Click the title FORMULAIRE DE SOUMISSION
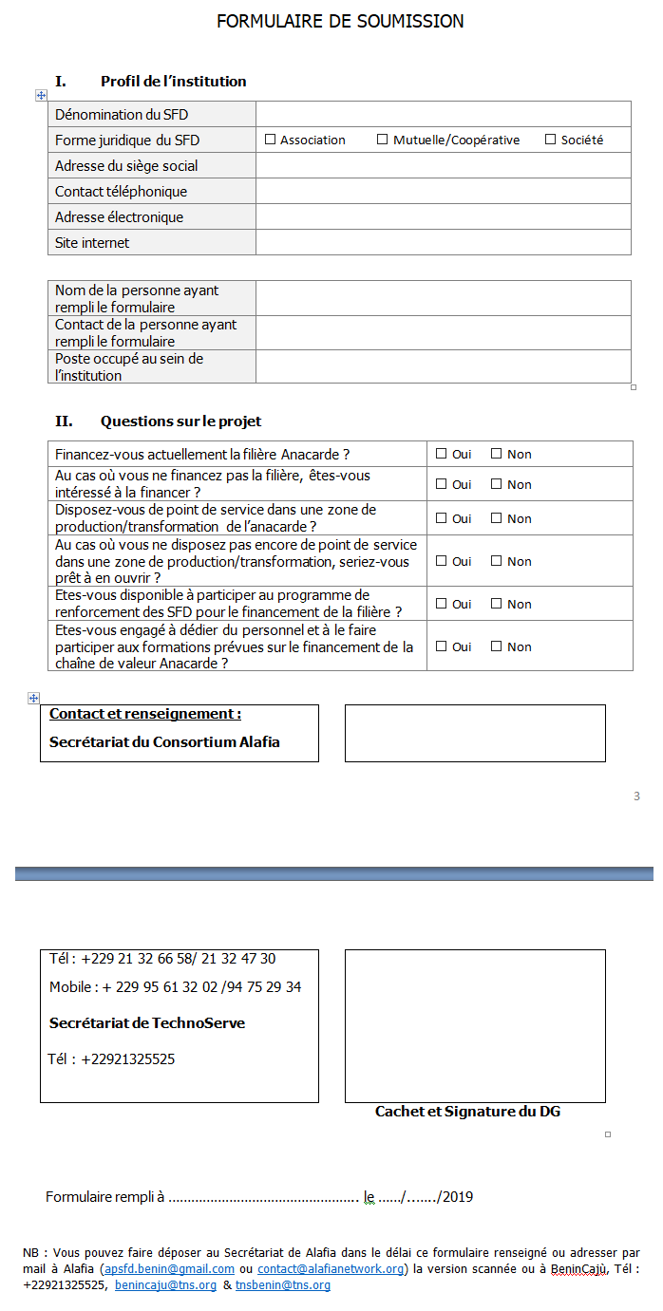[340, 21]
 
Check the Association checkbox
[271, 140]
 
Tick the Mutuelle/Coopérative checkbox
[383, 140]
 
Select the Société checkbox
[550, 140]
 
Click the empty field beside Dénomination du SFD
[443, 114]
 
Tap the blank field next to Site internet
[443, 242]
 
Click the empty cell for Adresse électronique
[443, 216]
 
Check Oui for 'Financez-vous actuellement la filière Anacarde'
[441, 454]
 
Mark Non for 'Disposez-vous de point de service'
[496, 518]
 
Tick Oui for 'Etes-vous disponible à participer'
[441, 604]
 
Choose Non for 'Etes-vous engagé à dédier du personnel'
[496, 646]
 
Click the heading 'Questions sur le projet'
[180, 421]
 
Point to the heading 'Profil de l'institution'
[173, 82]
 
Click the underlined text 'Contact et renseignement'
[144, 714]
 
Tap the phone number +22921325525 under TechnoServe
[128, 1059]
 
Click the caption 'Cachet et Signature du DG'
[467, 1111]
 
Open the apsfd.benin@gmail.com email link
[169, 1269]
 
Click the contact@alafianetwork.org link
[331, 1269]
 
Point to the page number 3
[636, 796]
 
